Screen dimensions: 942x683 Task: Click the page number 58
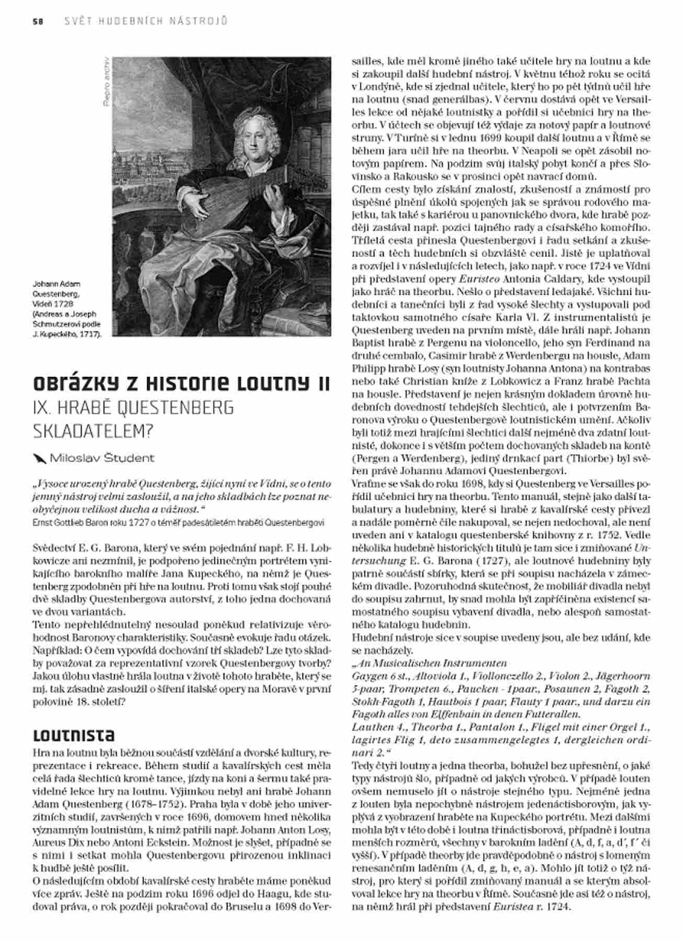point(37,21)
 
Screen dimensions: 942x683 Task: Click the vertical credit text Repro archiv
point(106,82)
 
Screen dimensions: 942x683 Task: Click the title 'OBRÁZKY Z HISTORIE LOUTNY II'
point(181,383)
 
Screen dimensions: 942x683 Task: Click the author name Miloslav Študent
point(102,458)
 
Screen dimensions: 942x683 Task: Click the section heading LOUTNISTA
point(73,735)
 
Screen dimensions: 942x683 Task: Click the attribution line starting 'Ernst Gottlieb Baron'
point(178,522)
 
